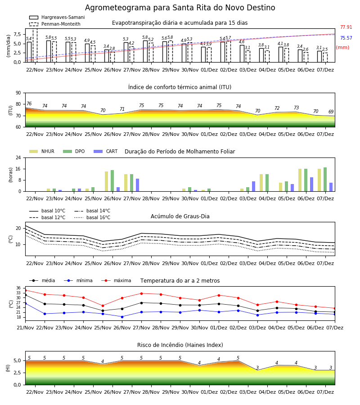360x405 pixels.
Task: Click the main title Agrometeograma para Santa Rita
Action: coord(180,8)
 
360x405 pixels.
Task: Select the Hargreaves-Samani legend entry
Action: coord(57,17)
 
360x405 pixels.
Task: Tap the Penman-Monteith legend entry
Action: coord(55,24)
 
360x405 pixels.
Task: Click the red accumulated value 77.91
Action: coord(346,27)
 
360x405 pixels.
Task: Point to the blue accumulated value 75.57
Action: coord(346,38)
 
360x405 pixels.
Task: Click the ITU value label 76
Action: coord(29,103)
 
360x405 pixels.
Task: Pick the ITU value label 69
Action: coord(331,112)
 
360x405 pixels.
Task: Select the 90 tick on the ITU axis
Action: coord(18,93)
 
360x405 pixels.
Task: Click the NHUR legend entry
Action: coord(42,151)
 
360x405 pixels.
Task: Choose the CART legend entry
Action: coord(106,151)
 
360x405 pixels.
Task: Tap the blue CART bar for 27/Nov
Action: coord(137,185)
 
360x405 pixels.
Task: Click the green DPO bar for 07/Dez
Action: coord(325,180)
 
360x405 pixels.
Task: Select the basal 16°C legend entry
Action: coord(92,217)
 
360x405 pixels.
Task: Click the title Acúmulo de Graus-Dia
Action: coord(180,216)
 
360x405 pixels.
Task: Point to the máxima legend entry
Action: coord(116,280)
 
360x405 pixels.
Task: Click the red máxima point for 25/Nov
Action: coord(103,306)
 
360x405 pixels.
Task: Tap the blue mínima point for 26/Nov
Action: coord(122,317)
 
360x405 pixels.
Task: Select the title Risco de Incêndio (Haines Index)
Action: coord(180,345)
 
